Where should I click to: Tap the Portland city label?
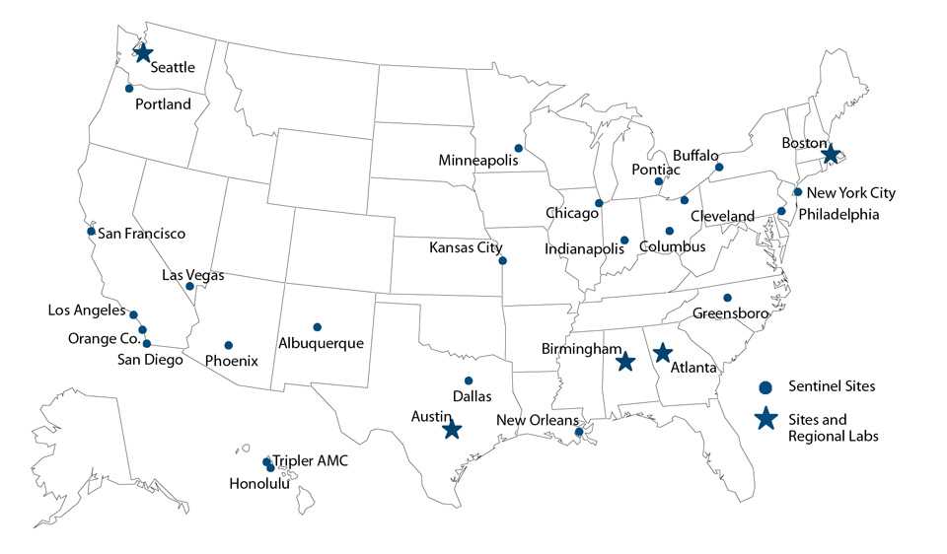pos(164,104)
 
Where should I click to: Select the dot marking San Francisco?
pos(91,232)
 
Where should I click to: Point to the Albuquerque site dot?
pos(317,327)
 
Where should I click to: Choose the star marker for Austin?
pos(452,430)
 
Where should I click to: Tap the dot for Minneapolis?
pos(519,149)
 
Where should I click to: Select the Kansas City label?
pos(466,247)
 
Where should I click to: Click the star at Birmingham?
pos(624,362)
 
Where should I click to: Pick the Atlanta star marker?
pos(663,352)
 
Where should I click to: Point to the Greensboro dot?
pos(727,298)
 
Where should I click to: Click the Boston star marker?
pos(831,155)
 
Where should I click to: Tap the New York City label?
pos(851,193)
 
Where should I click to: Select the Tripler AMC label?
pos(310,460)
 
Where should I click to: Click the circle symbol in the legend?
pos(765,386)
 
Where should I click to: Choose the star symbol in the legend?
pos(765,420)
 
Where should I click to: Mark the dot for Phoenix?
pos(228,345)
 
